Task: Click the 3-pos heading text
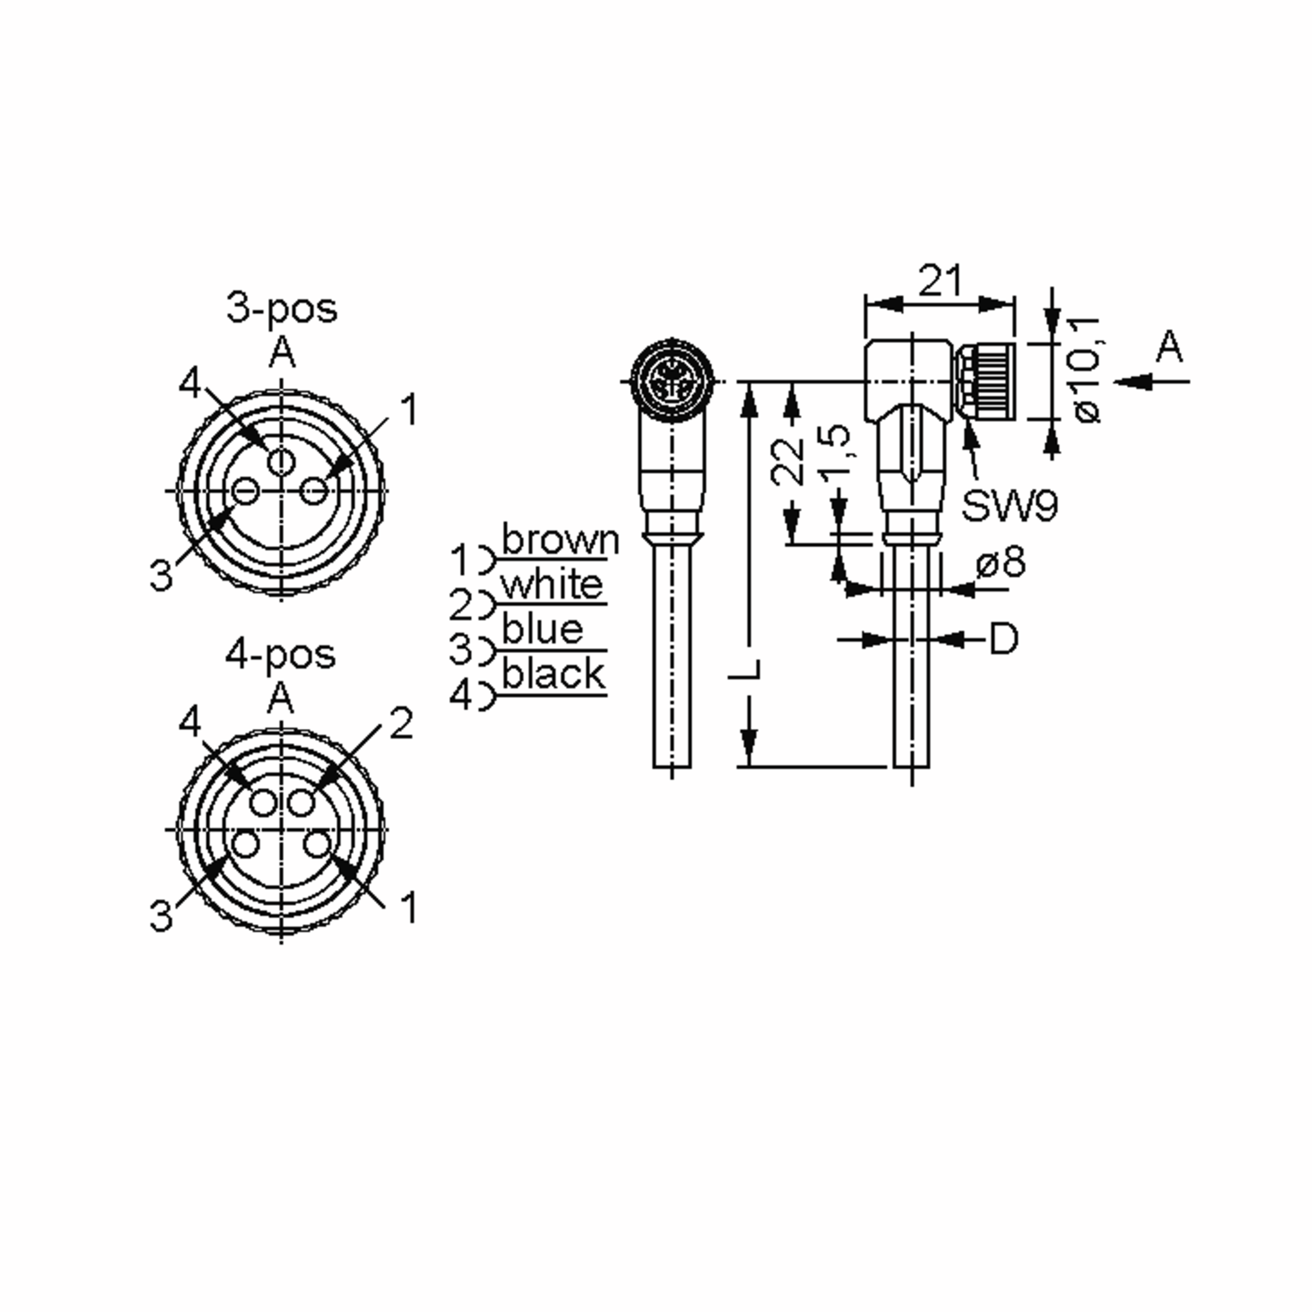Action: click(281, 309)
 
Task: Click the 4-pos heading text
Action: click(280, 655)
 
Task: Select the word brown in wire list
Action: click(560, 541)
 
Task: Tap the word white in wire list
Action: click(552, 585)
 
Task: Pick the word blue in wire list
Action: click(542, 630)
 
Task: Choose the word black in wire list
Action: click(553, 675)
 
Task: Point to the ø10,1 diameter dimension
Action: click(1085, 370)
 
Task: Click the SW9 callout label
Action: click(1009, 506)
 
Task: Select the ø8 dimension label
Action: click(1000, 563)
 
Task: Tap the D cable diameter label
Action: click(1004, 639)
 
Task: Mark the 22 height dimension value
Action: click(788, 462)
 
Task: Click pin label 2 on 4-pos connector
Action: click(401, 724)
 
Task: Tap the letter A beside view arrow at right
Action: click(1169, 348)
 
